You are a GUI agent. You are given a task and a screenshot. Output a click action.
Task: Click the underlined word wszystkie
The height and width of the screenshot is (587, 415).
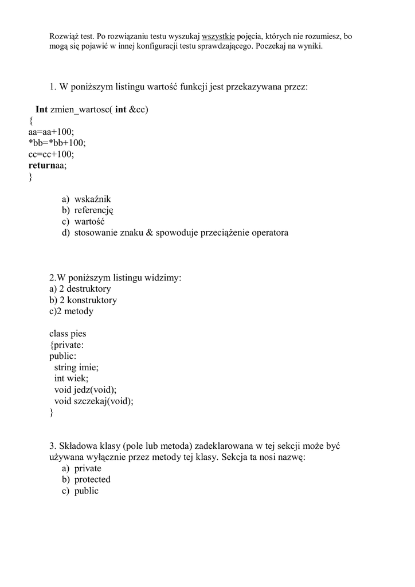[x=218, y=36]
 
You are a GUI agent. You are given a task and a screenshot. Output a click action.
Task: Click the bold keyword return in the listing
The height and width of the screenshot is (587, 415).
[x=41, y=166]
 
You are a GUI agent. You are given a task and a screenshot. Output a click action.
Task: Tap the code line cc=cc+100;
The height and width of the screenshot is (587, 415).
[x=51, y=154]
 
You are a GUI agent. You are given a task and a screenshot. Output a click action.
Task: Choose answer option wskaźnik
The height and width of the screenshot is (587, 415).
[x=92, y=199]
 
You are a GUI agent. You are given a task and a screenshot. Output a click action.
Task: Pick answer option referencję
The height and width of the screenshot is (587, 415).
[x=94, y=210]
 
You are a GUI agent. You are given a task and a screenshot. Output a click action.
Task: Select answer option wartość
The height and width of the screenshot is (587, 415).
[x=89, y=221]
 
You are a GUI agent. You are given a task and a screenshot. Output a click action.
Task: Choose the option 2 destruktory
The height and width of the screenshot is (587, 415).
[x=85, y=289]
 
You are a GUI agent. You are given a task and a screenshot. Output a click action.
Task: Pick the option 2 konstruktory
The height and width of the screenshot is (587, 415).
[x=88, y=300]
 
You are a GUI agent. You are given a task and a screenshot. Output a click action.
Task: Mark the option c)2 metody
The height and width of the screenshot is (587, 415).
[x=71, y=311]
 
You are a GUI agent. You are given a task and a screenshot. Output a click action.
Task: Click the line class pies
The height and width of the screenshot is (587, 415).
[x=68, y=334]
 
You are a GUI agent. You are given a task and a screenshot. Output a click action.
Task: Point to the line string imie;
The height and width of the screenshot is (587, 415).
[x=76, y=367]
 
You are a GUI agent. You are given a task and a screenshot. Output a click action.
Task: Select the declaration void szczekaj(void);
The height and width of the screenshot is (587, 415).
[x=93, y=401]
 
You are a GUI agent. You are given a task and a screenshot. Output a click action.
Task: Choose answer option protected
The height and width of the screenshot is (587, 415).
[x=92, y=479]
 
